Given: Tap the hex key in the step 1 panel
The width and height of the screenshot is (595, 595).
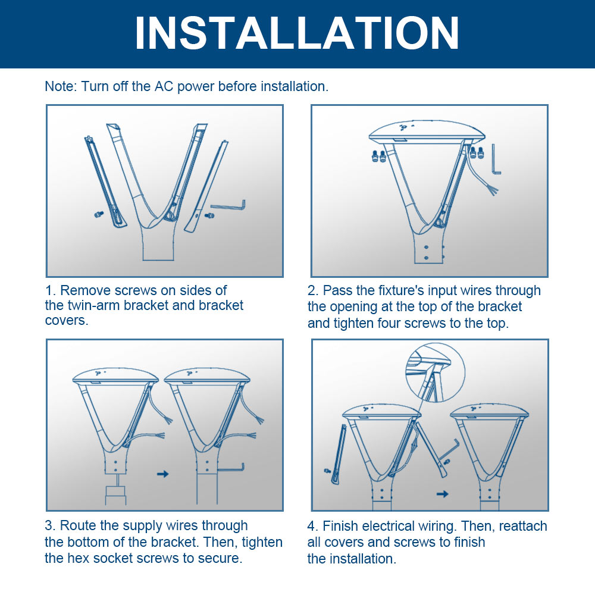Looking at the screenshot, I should (x=228, y=206).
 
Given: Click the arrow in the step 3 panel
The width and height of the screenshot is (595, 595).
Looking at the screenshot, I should (x=161, y=474).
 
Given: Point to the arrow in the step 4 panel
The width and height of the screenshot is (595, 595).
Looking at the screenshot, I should (x=442, y=494).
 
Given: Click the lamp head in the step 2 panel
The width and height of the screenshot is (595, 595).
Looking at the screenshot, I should (x=415, y=129).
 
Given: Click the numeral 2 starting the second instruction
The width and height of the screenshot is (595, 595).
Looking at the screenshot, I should (x=312, y=291).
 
